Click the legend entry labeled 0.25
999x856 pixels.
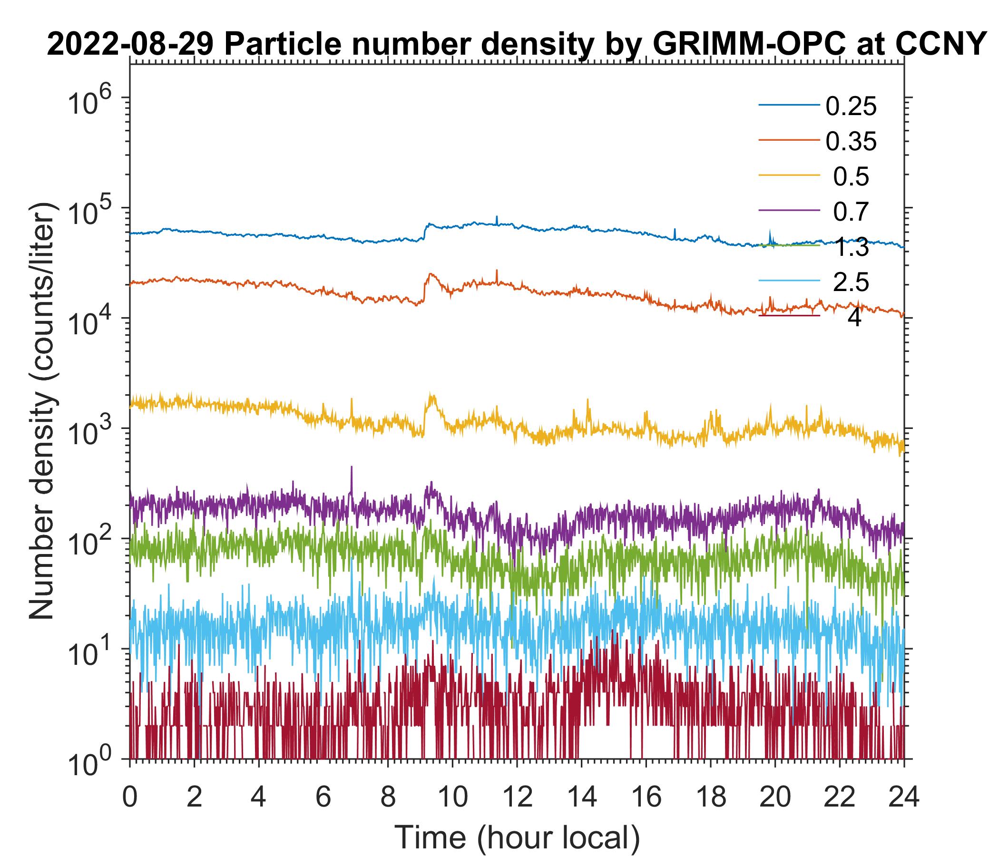coord(851,107)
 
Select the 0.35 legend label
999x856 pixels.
coord(851,142)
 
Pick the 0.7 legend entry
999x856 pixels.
coord(851,212)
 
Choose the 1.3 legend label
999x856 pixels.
coord(851,247)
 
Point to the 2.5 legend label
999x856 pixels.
coord(851,282)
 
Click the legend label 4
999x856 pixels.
coord(854,318)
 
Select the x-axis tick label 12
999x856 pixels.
coord(516,797)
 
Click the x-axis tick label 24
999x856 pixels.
coord(903,797)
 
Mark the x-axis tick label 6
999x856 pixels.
coord(323,797)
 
